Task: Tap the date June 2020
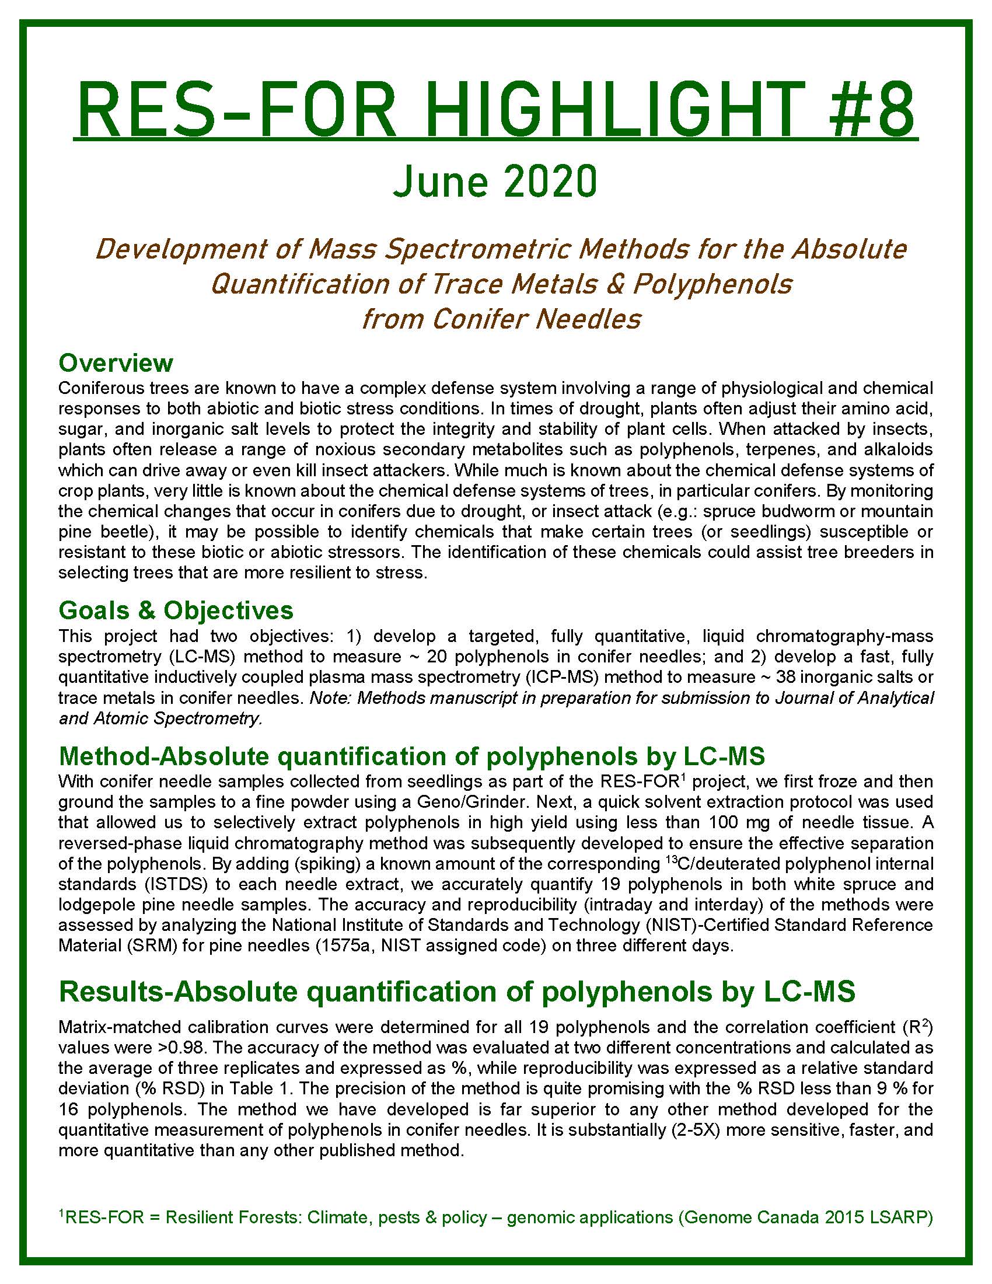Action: [495, 182]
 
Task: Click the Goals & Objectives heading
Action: [176, 610]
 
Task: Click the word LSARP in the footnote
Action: [906, 1217]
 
